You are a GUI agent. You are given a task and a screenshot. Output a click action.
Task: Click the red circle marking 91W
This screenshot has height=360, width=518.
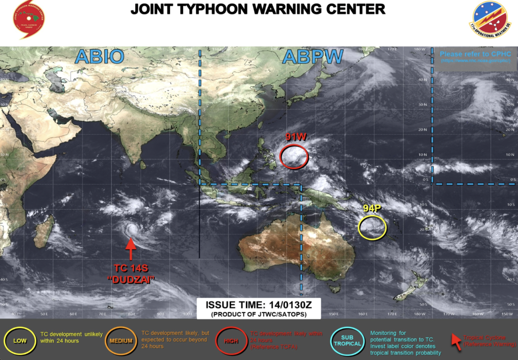pyautogui.click(x=294, y=156)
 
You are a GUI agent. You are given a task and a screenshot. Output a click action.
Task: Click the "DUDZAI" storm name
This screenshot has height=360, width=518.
pyautogui.click(x=131, y=278)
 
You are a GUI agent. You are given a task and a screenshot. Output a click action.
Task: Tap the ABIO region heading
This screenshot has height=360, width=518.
pyautogui.click(x=99, y=57)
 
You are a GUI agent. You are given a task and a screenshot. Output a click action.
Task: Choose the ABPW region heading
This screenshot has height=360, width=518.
pyautogui.click(x=313, y=57)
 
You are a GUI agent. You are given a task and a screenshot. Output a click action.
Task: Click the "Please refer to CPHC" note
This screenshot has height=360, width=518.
pyautogui.click(x=475, y=54)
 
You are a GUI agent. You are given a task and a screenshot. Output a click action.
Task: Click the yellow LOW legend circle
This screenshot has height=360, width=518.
pyautogui.click(x=20, y=340)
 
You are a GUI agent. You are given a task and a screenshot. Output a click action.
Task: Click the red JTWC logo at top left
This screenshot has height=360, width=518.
pyautogui.click(x=29, y=20)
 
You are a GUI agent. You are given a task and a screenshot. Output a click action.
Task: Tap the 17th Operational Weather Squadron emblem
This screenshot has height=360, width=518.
pyautogui.click(x=490, y=20)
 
